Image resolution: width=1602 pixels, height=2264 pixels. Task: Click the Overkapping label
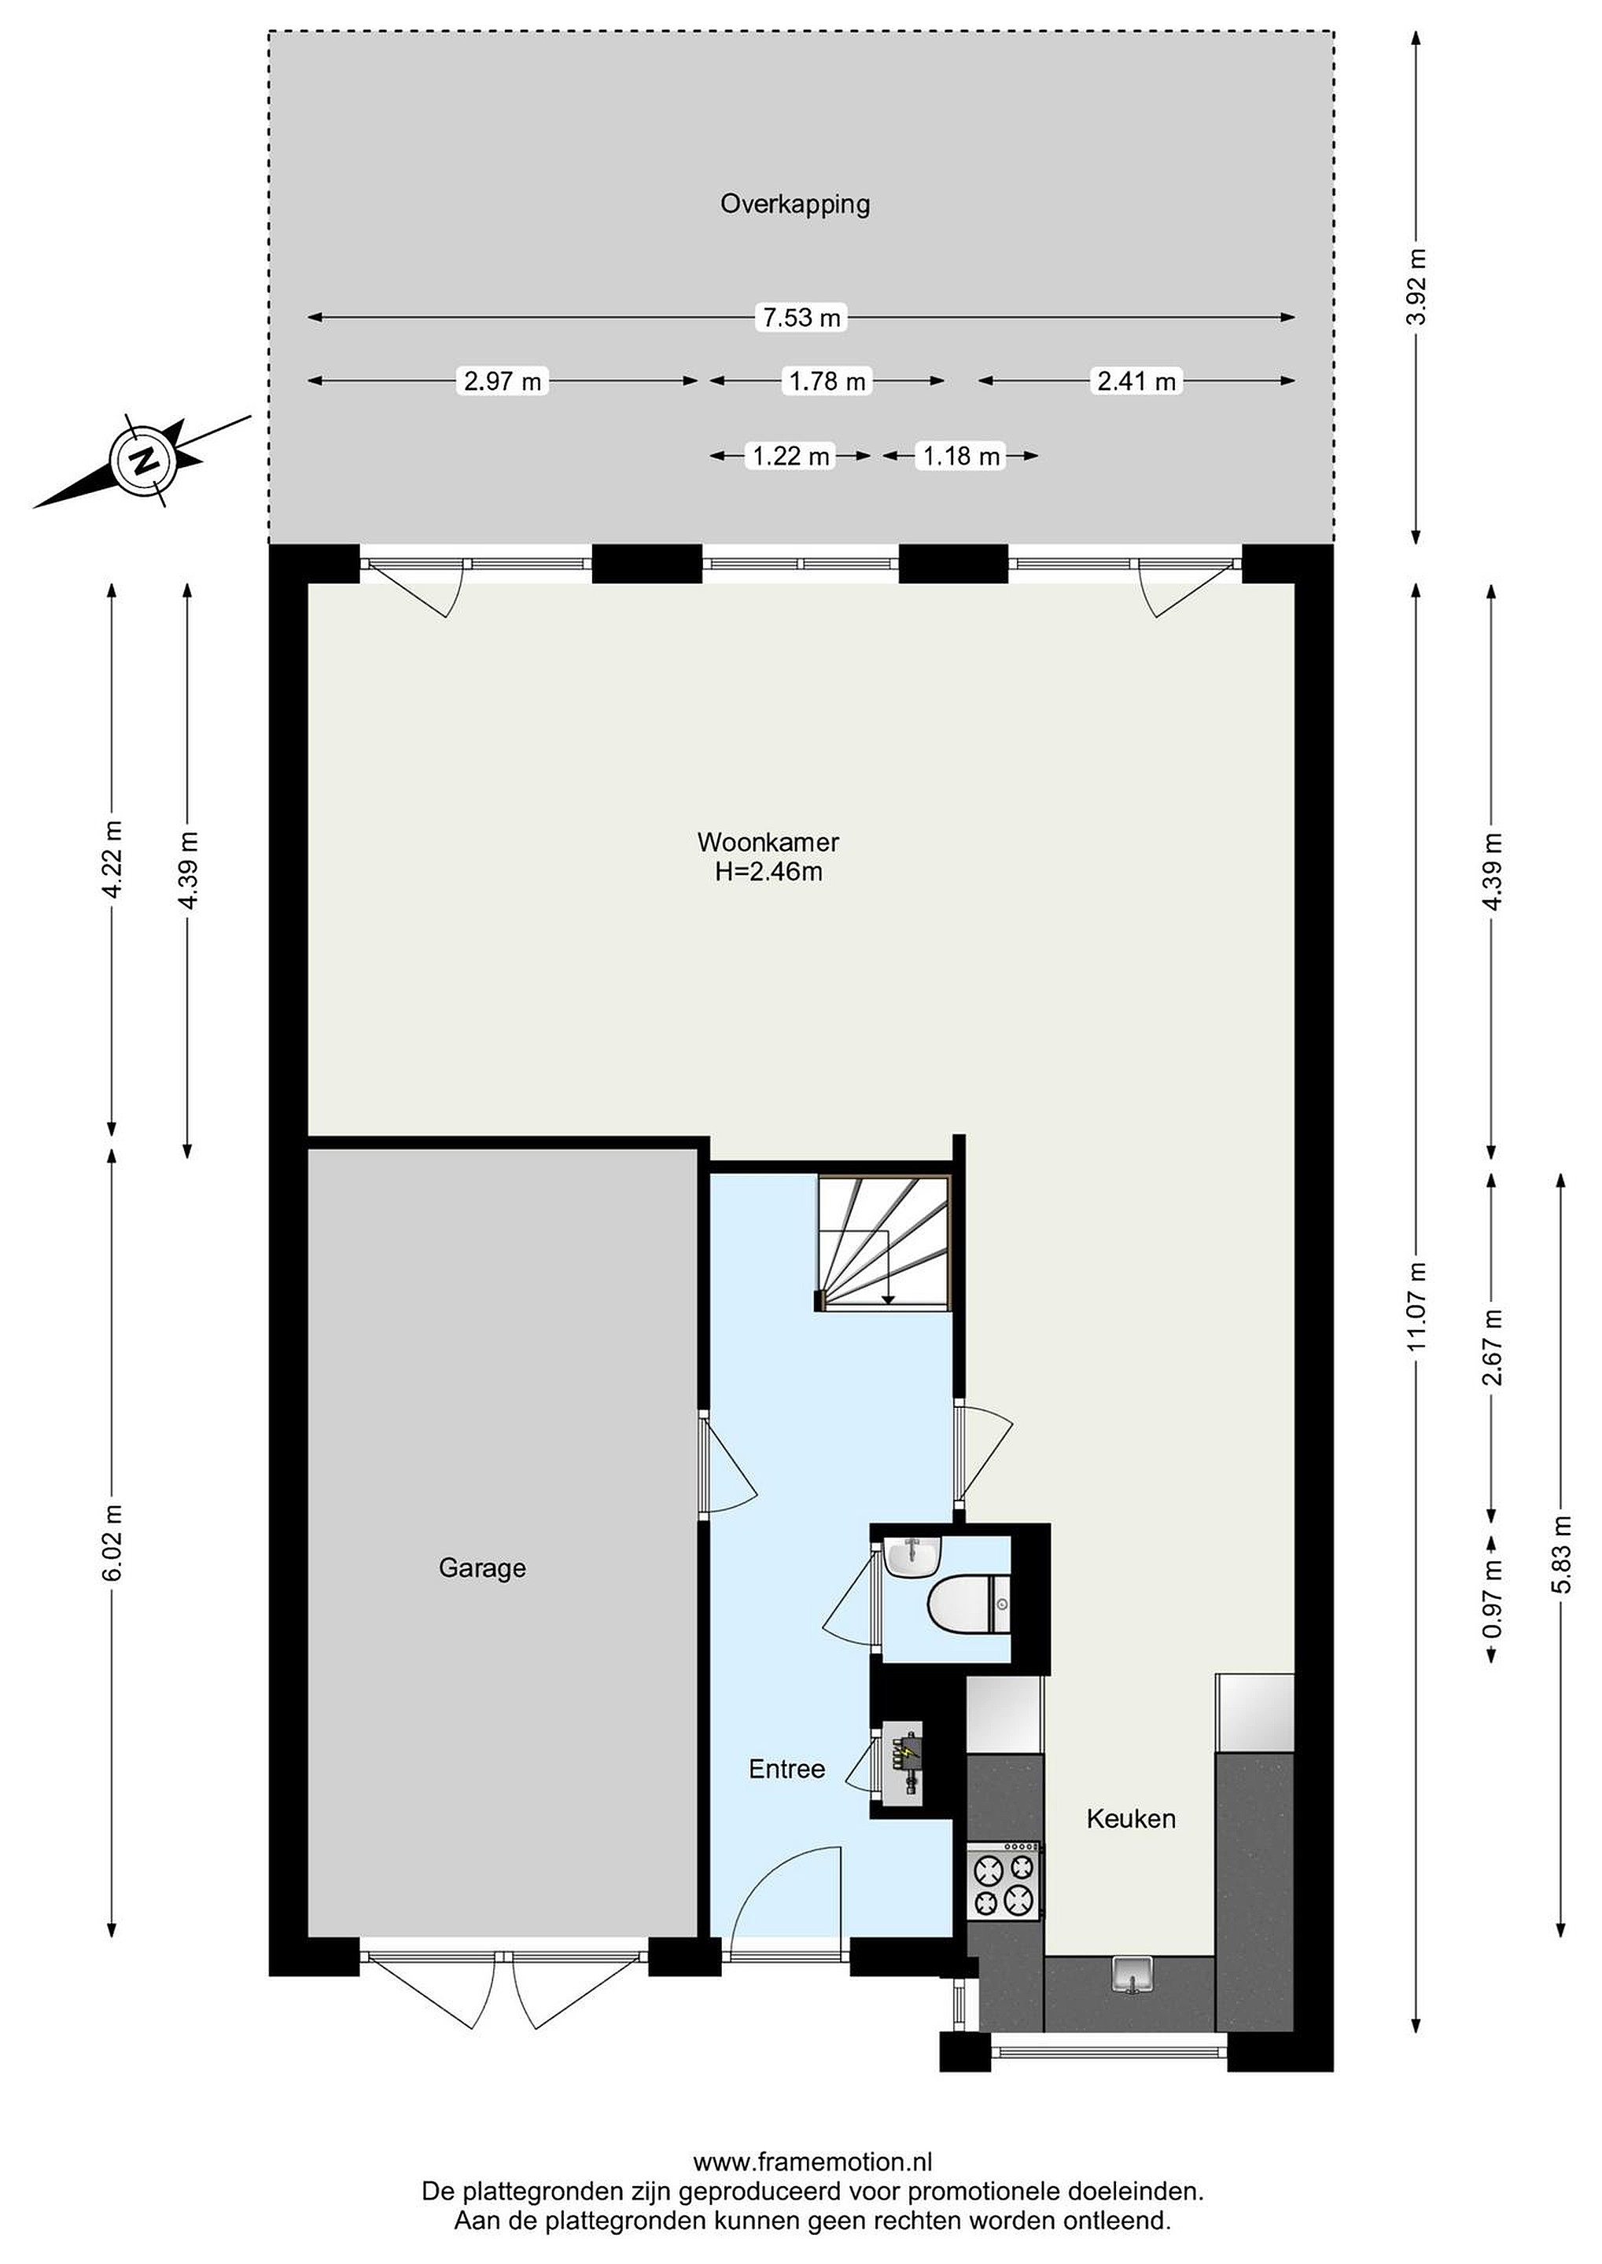point(795,205)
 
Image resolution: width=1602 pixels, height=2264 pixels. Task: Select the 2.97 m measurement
point(503,380)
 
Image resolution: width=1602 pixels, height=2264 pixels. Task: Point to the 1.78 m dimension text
point(827,380)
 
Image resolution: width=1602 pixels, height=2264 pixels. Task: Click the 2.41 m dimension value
point(1136,380)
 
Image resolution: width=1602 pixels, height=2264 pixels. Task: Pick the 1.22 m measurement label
point(791,457)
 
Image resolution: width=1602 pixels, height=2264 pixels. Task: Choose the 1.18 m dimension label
point(961,457)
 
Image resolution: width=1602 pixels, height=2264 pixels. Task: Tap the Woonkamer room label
point(768,842)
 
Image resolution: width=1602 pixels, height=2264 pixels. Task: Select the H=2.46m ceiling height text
point(768,872)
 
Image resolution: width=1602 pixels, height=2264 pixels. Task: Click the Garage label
point(482,1568)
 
